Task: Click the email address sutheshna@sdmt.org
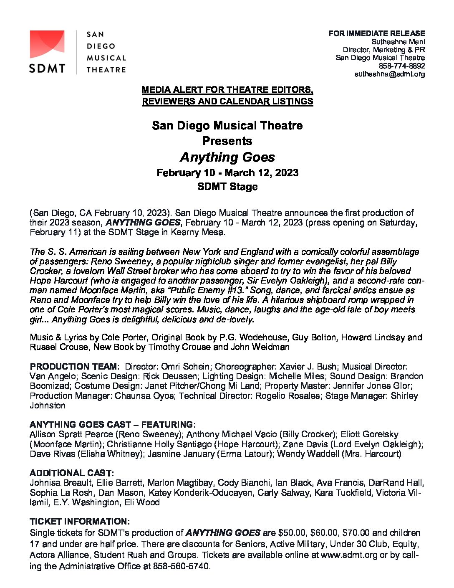tap(389, 74)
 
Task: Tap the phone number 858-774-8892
tap(401, 66)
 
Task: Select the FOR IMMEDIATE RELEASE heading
tap(376, 33)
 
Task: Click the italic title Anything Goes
tap(227, 157)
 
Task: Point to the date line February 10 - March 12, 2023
tap(227, 173)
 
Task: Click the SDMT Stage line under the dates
tap(227, 187)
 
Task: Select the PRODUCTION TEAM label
tap(73, 367)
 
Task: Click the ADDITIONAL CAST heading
tap(71, 473)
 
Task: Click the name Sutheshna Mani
tap(398, 42)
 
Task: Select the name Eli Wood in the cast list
tap(142, 502)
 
